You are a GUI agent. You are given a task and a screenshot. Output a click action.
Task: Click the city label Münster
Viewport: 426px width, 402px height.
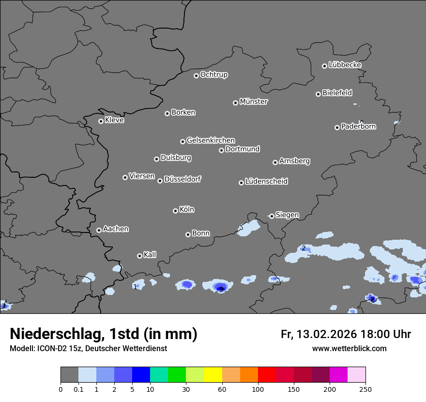click(x=254, y=102)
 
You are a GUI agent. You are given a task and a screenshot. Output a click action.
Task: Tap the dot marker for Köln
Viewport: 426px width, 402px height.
click(x=175, y=211)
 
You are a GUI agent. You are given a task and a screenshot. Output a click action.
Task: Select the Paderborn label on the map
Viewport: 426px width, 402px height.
click(x=359, y=126)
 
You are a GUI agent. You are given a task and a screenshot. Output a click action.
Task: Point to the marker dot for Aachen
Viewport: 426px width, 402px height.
click(x=99, y=230)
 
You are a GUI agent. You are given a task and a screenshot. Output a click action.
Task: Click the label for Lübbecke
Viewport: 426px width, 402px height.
click(x=345, y=65)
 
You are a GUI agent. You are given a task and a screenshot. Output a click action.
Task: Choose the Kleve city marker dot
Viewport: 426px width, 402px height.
click(x=101, y=121)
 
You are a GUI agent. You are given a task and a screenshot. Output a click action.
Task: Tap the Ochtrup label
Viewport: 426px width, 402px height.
click(x=214, y=75)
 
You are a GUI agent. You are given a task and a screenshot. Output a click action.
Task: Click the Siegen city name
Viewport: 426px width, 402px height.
click(x=287, y=215)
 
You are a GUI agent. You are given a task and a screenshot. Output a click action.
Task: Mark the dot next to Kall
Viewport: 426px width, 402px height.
click(x=139, y=256)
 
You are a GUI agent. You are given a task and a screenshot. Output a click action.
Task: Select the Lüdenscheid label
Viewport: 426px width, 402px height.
click(x=266, y=182)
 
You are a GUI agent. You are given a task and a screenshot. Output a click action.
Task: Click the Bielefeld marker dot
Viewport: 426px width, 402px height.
click(x=318, y=94)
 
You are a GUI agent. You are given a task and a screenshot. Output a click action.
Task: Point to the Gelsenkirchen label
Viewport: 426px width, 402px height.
click(x=211, y=140)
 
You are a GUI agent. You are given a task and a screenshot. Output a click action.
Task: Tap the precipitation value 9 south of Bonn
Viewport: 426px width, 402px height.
click(x=221, y=289)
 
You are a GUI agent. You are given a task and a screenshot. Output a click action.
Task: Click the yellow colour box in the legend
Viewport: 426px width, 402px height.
click(x=213, y=375)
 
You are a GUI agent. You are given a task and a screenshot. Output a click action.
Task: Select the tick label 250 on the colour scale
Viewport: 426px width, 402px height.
click(x=365, y=389)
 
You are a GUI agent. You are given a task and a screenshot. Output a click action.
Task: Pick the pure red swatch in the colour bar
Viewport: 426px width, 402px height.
click(x=267, y=375)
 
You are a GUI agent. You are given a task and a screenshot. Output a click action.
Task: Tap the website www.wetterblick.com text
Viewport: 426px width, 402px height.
click(x=349, y=348)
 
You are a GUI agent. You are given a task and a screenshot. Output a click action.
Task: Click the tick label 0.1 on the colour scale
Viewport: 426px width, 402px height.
click(x=78, y=389)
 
